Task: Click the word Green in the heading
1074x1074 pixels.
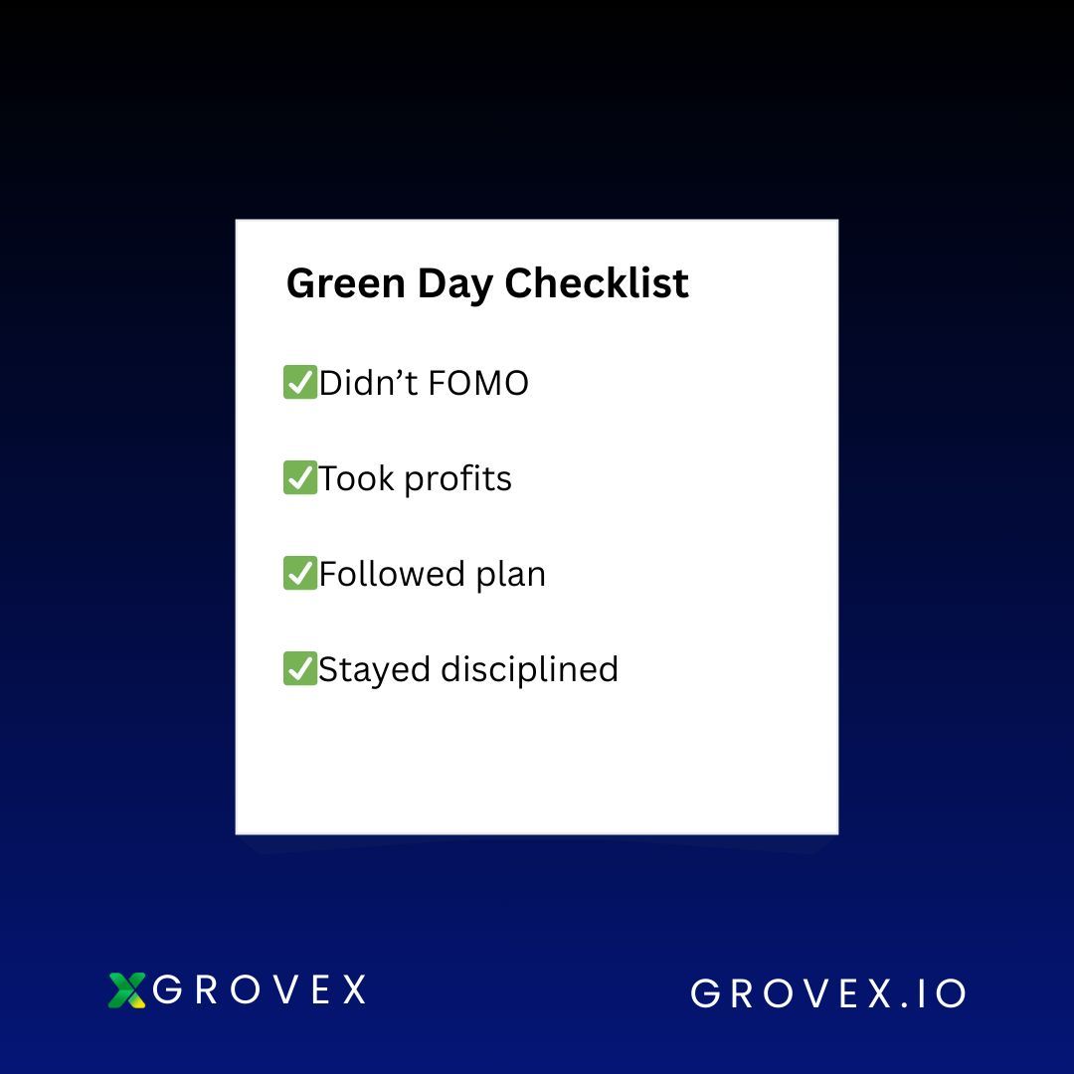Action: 346,282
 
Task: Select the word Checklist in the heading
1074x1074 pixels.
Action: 597,282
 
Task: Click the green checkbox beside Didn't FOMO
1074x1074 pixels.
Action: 300,382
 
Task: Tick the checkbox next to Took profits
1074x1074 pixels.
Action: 300,477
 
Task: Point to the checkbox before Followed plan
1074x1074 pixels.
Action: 300,573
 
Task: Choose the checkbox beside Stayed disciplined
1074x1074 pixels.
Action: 300,668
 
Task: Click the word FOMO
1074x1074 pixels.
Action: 478,384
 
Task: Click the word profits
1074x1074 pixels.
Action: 457,479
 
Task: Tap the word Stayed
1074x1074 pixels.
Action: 374,670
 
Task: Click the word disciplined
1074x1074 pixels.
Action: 529,670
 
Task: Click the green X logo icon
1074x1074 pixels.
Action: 126,990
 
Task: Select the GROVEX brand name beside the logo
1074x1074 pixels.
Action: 259,989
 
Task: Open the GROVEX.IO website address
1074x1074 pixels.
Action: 828,993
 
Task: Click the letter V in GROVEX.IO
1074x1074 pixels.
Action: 813,993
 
